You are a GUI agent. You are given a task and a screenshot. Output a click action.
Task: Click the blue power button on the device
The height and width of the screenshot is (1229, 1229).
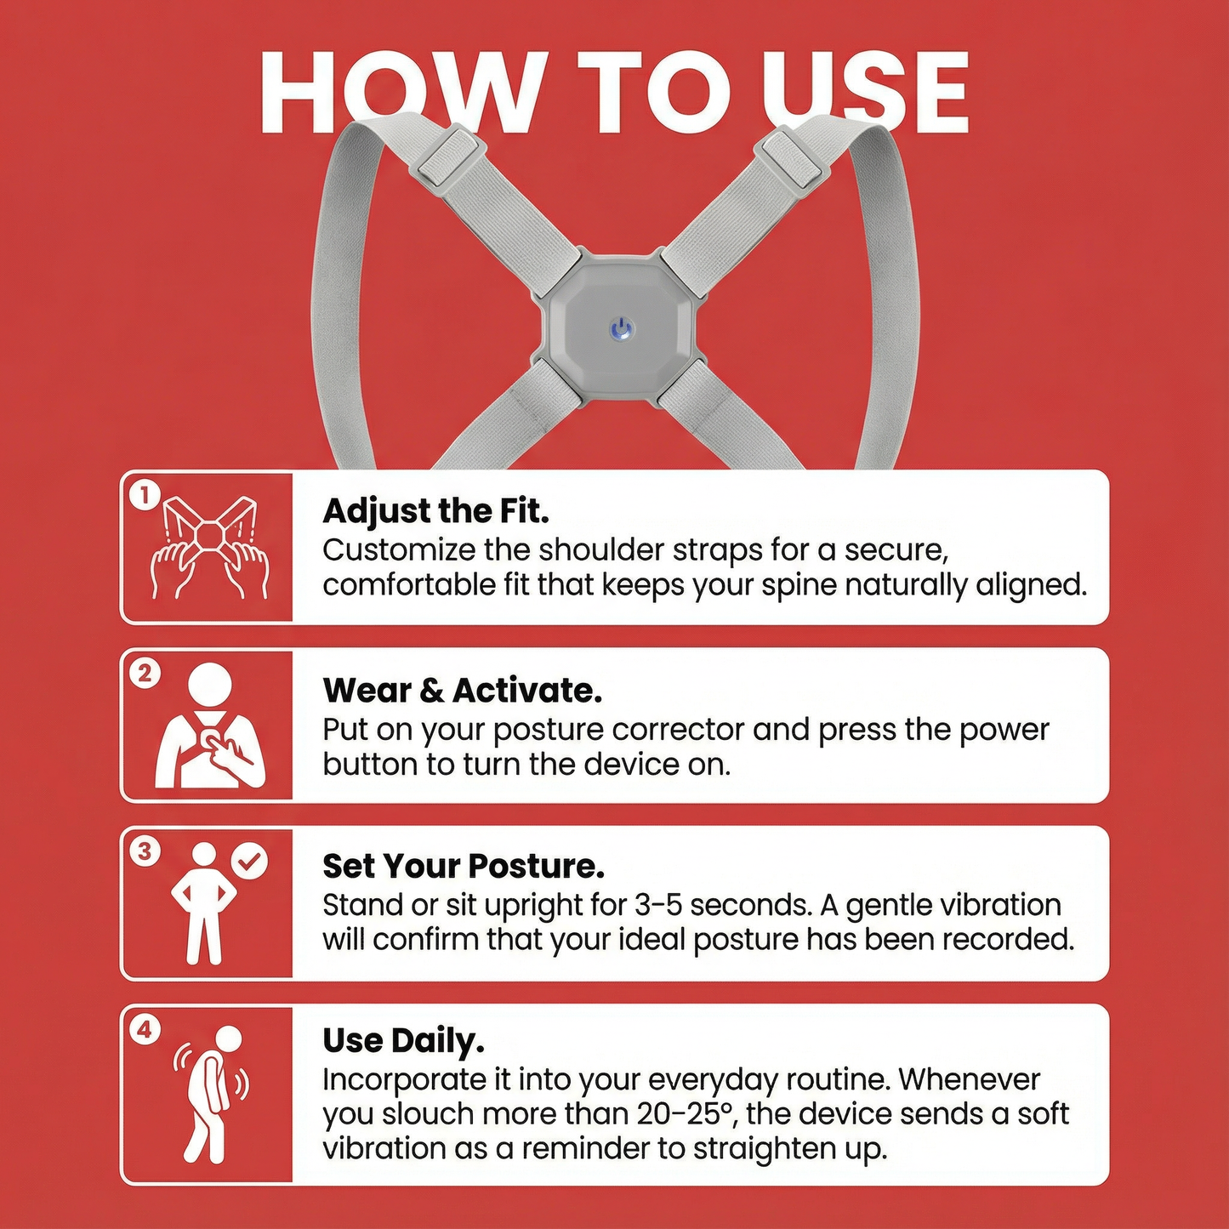tap(622, 329)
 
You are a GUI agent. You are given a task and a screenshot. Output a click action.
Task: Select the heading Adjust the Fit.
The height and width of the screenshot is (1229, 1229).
tap(435, 511)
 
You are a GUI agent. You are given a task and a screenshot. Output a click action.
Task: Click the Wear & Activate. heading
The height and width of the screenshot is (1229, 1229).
tap(462, 691)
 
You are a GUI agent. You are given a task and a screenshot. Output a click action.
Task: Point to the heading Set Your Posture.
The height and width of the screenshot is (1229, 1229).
tap(464, 866)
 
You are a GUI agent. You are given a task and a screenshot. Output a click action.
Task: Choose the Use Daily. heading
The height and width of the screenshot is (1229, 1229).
tap(403, 1041)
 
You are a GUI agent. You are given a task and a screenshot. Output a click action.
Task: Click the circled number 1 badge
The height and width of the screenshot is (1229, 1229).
tap(145, 495)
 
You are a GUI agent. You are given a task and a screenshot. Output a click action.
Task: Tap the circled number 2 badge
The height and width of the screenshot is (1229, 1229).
tap(145, 674)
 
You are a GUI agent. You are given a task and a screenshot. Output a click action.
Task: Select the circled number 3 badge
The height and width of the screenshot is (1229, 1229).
tap(145, 851)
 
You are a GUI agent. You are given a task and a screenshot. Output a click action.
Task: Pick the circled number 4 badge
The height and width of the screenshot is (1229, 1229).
tap(145, 1030)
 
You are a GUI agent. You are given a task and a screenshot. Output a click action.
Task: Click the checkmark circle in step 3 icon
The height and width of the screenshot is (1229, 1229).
tap(250, 862)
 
